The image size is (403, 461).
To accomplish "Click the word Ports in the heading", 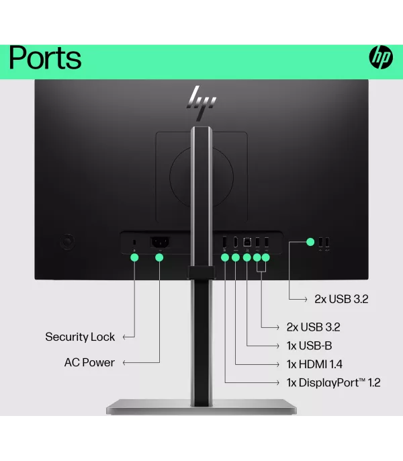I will pyautogui.click(x=45, y=58).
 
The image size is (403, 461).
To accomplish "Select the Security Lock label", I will pyautogui.click(x=80, y=337).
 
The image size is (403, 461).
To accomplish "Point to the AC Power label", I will pyautogui.click(x=89, y=362).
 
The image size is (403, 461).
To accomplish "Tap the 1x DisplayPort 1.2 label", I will pyautogui.click(x=333, y=382).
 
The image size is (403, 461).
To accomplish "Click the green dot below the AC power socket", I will pyautogui.click(x=159, y=257).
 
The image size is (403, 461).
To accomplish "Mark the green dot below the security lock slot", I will pyautogui.click(x=134, y=257).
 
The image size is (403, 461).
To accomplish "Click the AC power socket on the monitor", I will pyautogui.click(x=159, y=242).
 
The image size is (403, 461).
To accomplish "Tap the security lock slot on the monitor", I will pyautogui.click(x=134, y=242).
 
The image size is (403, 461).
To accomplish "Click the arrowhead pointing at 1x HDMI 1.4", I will pyautogui.click(x=278, y=364).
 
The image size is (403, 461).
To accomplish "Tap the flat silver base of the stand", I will pyautogui.click(x=201, y=407).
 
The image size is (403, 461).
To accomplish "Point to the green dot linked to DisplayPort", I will pyautogui.click(x=224, y=257).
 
